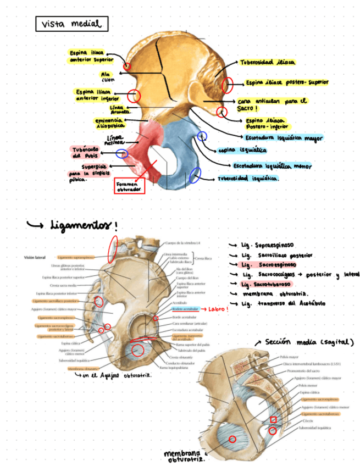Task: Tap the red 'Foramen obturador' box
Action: pyautogui.click(x=129, y=186)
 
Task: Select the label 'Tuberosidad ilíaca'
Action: pyautogui.click(x=267, y=63)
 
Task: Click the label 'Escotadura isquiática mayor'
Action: pyautogui.click(x=283, y=137)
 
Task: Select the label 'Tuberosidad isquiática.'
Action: pyautogui.click(x=248, y=179)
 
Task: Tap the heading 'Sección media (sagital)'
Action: pyautogui.click(x=308, y=342)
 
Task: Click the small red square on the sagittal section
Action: pyautogui.click(x=273, y=420)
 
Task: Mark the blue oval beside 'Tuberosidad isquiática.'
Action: pyautogui.click(x=194, y=176)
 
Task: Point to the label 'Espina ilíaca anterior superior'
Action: pyautogui.click(x=91, y=56)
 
